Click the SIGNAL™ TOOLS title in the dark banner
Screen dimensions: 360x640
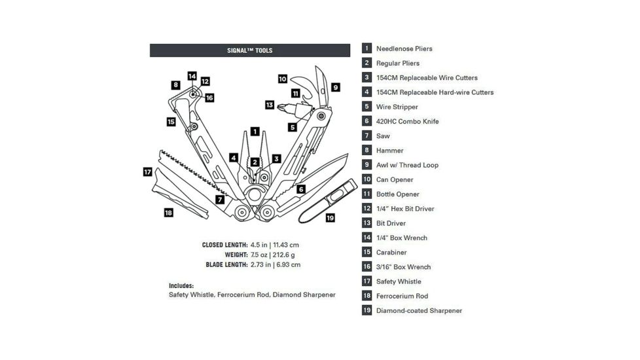[x=249, y=50]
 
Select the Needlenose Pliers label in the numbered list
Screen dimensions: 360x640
[x=404, y=48]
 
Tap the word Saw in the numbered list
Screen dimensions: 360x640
[x=383, y=136]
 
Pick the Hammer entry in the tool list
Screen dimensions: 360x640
[x=389, y=151]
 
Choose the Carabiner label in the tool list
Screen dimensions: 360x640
[x=391, y=253]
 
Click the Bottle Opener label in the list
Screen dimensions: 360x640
[x=397, y=194]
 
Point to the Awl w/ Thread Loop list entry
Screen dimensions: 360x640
[x=407, y=165]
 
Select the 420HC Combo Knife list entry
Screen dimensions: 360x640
[x=407, y=122]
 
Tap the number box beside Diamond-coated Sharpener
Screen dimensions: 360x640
[x=367, y=310]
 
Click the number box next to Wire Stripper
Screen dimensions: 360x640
[x=367, y=107]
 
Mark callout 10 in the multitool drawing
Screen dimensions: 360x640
[x=282, y=79]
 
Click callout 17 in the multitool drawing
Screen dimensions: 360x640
[x=148, y=171]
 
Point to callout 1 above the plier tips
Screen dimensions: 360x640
[x=255, y=131]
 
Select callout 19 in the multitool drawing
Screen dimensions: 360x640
[x=330, y=217]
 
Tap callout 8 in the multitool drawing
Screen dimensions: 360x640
[x=175, y=84]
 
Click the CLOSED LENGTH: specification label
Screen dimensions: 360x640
[x=224, y=245]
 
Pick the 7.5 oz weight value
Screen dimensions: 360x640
[x=258, y=255]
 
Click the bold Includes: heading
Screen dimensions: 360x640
[x=181, y=285]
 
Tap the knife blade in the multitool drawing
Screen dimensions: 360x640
[x=327, y=169]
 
